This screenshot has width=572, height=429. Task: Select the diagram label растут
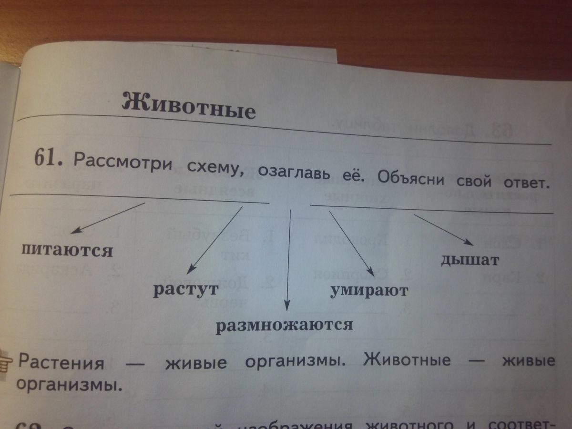point(185,290)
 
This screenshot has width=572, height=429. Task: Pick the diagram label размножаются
point(285,326)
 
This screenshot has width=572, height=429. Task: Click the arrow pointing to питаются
point(107,218)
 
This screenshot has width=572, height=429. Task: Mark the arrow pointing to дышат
point(443,230)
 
